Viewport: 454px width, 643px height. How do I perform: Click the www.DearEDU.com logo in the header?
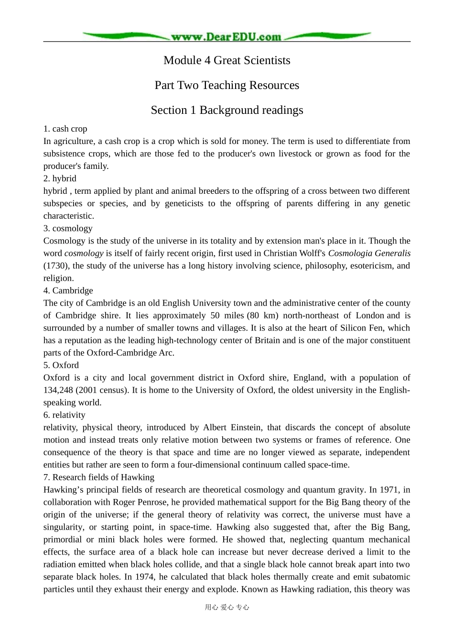[227, 36]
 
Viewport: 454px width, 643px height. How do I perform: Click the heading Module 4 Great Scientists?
[227, 60]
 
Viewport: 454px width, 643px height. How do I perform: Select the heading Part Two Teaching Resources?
[227, 85]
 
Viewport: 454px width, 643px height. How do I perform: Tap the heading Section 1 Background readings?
[227, 110]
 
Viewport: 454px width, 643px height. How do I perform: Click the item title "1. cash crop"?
[65, 129]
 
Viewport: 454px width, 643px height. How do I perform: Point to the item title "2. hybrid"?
[60, 178]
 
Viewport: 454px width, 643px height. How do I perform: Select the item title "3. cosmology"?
[68, 228]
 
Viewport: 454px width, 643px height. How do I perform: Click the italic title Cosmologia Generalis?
[369, 253]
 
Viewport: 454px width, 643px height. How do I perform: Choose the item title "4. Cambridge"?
[68, 290]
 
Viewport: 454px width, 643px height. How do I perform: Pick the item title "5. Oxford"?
[61, 365]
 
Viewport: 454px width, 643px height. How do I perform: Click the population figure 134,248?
[58, 390]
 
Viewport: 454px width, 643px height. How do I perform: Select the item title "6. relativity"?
[65, 415]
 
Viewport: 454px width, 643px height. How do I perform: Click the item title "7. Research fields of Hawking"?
[99, 477]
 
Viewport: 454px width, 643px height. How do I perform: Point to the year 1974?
[145, 576]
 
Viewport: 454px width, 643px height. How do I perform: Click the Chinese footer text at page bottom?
[227, 607]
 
